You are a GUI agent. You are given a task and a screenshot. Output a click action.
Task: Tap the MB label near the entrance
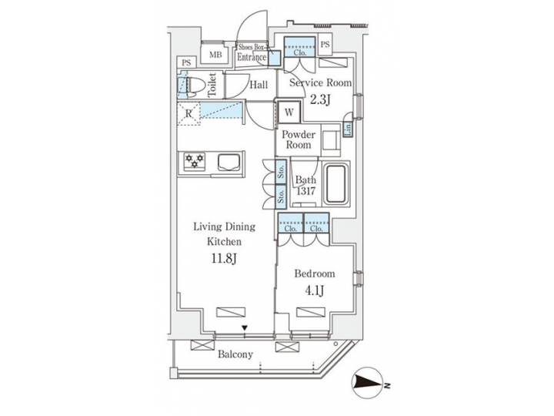click(x=216, y=55)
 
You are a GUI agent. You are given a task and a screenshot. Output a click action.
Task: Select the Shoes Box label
click(x=252, y=47)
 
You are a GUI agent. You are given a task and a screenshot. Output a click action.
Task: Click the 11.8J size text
click(x=222, y=258)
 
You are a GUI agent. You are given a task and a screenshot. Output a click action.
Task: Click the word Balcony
click(x=235, y=354)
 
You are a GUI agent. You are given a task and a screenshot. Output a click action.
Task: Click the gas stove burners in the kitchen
click(x=193, y=161)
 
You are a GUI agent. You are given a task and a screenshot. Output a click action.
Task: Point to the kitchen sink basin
click(x=229, y=162)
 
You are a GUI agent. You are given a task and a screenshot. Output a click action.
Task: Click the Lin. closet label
click(x=348, y=128)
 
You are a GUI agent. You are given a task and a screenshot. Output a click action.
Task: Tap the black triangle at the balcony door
click(x=245, y=330)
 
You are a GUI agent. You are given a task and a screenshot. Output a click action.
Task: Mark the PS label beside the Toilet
click(x=185, y=62)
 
